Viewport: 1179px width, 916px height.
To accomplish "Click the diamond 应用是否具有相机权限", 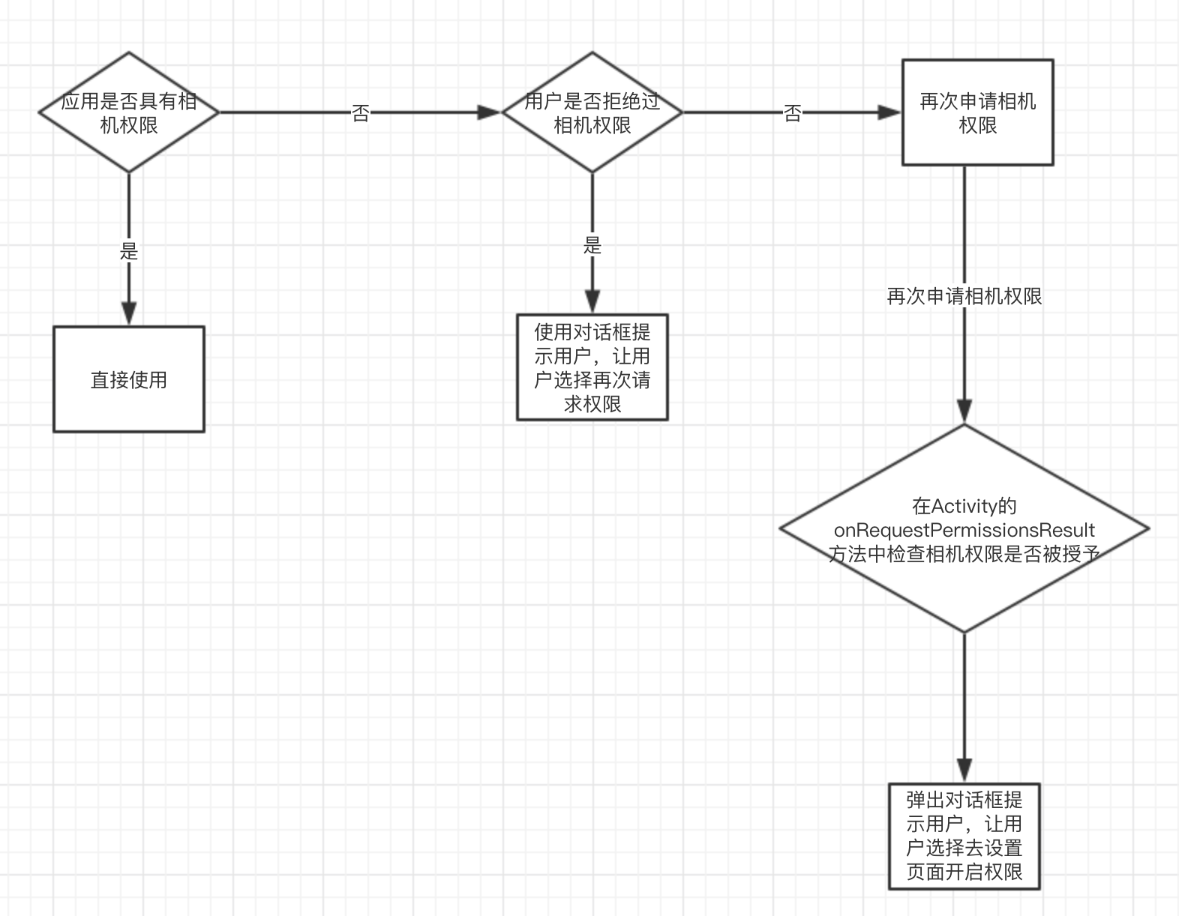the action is (x=128, y=112).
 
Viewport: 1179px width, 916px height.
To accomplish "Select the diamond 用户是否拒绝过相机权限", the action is (x=592, y=112).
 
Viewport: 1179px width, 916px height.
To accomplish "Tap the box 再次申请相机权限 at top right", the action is (x=978, y=112).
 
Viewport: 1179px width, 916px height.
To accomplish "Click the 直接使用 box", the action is (x=128, y=379).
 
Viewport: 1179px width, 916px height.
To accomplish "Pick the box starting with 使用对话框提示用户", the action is (x=592, y=367).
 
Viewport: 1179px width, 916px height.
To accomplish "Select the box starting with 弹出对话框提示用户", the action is (x=964, y=837).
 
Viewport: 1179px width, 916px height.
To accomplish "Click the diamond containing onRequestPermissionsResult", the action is (x=964, y=528).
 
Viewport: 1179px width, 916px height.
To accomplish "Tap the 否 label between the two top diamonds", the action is (x=360, y=113).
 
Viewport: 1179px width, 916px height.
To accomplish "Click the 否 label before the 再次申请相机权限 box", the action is (x=792, y=113).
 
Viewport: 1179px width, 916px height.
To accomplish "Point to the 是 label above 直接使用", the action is (x=128, y=250).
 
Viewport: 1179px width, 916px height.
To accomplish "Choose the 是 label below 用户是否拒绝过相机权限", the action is (x=592, y=245).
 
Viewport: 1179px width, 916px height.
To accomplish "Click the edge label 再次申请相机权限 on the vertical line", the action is (x=964, y=296).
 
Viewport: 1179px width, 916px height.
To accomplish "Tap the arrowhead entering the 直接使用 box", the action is (x=128, y=313).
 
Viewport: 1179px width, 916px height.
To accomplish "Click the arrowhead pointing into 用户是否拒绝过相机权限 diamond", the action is (x=489, y=112).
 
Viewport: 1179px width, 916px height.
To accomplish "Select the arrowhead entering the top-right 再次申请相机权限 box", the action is (x=889, y=112).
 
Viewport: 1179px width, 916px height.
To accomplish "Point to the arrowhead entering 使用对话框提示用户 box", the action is (x=592, y=301).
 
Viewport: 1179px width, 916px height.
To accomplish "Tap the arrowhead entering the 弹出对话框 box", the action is (x=964, y=771).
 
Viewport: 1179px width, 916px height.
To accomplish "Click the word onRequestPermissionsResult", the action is (x=964, y=529).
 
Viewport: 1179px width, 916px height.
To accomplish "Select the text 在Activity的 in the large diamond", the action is (x=964, y=506).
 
